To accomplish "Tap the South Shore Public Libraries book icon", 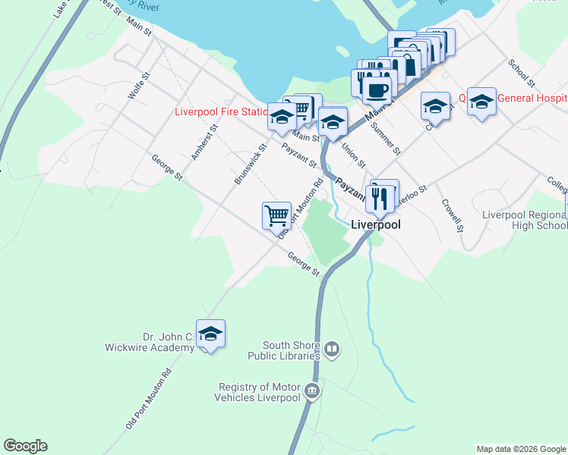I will pyautogui.click(x=331, y=350).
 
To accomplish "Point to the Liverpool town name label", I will pyautogui.click(x=375, y=224).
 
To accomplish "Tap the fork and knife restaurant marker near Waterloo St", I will pyautogui.click(x=380, y=198).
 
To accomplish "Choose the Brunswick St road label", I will pyautogui.click(x=250, y=165).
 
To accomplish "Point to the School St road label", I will pyautogui.click(x=523, y=73).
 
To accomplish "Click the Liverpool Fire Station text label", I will pyautogui.click(x=220, y=111).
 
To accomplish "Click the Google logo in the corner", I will pyautogui.click(x=25, y=446).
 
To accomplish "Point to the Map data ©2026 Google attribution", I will pyautogui.click(x=521, y=449).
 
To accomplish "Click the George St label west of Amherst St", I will pyautogui.click(x=167, y=168).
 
